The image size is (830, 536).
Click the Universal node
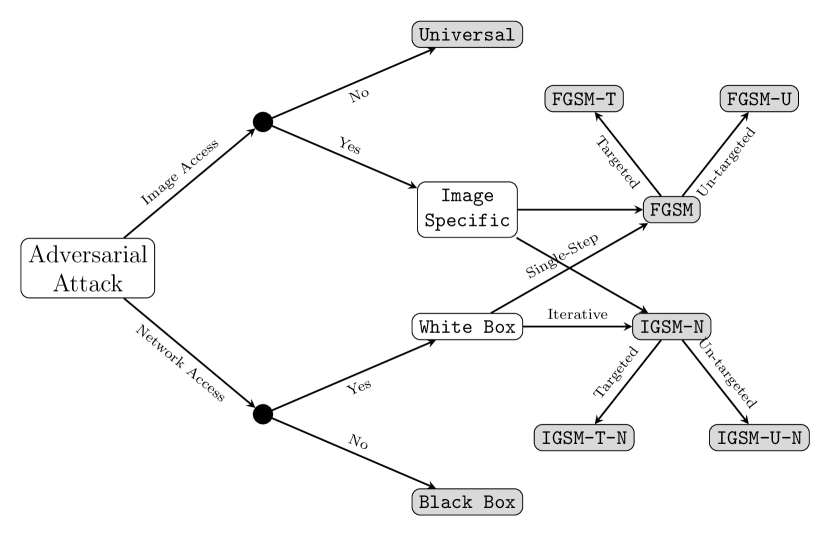coord(467,35)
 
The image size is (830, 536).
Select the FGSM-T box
coord(584,99)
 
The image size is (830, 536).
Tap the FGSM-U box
coord(759,99)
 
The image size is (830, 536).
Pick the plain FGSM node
coord(671,210)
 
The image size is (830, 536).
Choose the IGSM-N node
coord(671,327)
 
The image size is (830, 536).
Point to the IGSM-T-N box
coord(584,438)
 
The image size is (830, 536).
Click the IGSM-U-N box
coord(759,438)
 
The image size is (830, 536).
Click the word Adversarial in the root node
coord(88,255)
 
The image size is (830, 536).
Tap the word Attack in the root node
coord(88,283)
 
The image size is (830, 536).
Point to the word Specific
coord(467,221)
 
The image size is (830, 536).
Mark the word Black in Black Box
coord(445,502)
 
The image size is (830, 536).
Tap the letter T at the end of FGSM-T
coord(610,99)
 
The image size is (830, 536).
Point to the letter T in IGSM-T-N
coord(595,438)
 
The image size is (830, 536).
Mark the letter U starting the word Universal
coord(424,35)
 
